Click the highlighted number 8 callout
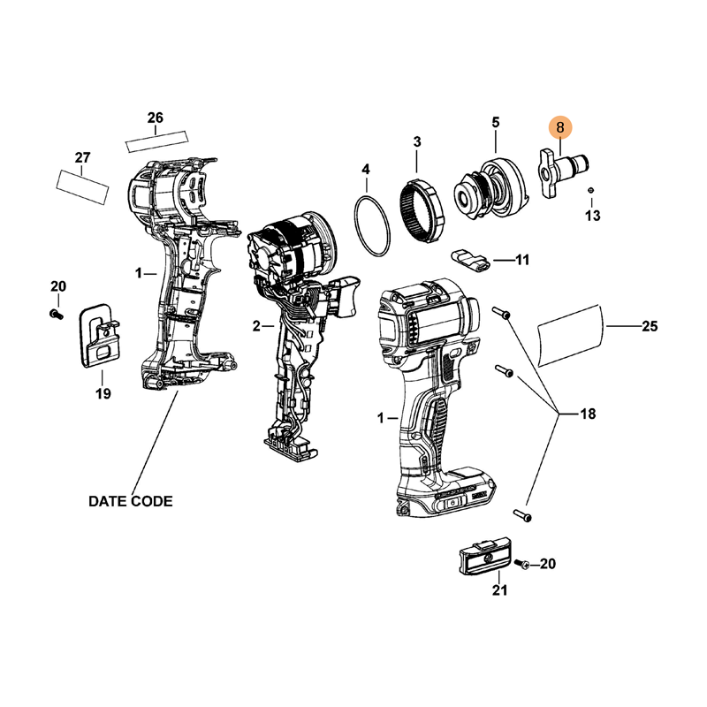[x=560, y=127]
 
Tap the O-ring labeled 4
[x=356, y=224]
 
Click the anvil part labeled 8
[x=564, y=172]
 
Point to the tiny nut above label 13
[x=590, y=190]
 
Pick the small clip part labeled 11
[x=470, y=261]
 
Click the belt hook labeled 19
[x=98, y=336]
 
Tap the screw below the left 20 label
[x=57, y=314]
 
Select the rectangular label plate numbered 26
[x=156, y=141]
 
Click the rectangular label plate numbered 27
[x=83, y=186]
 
